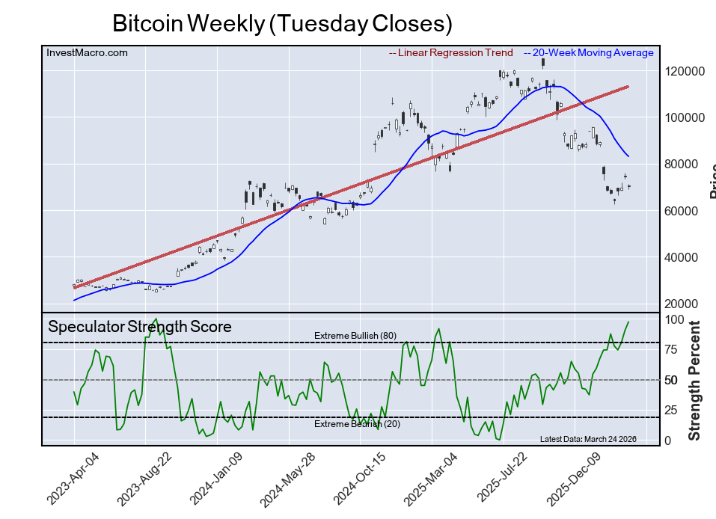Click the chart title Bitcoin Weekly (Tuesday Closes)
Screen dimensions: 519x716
click(282, 23)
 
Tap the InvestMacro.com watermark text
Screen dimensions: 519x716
click(87, 53)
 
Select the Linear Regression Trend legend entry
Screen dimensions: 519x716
click(451, 53)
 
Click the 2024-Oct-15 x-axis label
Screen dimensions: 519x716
click(356, 479)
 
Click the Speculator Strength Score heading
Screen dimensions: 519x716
click(140, 327)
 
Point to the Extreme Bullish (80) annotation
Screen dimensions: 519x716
click(355, 336)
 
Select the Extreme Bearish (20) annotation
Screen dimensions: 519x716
click(355, 424)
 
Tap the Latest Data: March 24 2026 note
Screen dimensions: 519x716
click(588, 438)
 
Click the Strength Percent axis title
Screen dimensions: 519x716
click(695, 380)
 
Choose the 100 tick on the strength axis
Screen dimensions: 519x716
click(676, 319)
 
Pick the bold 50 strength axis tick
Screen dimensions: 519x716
click(673, 380)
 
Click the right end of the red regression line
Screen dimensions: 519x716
click(627, 87)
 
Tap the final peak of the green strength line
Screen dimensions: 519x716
click(628, 322)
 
